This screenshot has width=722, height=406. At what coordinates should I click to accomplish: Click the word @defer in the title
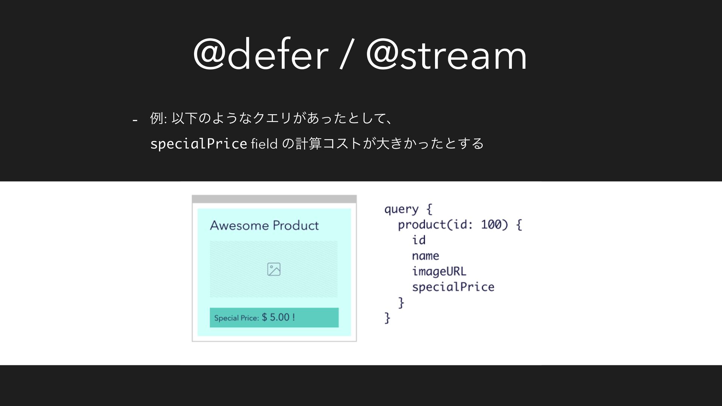(x=260, y=55)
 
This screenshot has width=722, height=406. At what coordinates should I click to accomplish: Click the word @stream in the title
(x=446, y=55)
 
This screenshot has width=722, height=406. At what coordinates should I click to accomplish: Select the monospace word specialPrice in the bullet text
(x=198, y=144)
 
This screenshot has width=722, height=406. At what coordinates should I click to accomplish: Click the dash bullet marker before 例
(x=135, y=120)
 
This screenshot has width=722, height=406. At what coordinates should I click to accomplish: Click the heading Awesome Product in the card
(x=264, y=226)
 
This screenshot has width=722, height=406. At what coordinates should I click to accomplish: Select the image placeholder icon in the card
(x=274, y=269)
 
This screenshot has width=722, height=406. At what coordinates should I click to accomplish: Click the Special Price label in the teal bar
(x=237, y=318)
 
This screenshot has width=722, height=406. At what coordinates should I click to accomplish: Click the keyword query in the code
(x=401, y=209)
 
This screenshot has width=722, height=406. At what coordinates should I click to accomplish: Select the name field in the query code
(x=425, y=256)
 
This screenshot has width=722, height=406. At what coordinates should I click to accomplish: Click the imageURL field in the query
(x=439, y=271)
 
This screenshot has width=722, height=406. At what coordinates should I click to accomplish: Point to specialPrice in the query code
(x=453, y=287)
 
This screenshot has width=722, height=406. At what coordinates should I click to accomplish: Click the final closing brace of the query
(x=387, y=318)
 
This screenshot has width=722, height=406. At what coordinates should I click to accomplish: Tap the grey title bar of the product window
(x=274, y=199)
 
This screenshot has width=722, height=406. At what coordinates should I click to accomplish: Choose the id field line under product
(x=419, y=240)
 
